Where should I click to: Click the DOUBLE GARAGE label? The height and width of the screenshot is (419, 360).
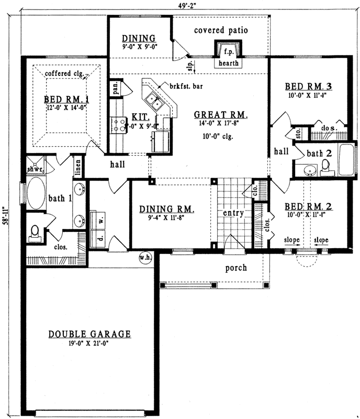(x=89, y=334)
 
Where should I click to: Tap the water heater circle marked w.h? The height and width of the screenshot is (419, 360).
(x=145, y=258)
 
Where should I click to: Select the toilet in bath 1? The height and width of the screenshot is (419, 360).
(x=35, y=232)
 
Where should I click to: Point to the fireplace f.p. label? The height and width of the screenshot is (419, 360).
(x=228, y=52)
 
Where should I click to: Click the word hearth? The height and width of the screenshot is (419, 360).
(x=229, y=63)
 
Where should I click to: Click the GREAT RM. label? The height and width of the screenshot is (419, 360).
(x=220, y=115)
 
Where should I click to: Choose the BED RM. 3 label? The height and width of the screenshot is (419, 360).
(x=309, y=86)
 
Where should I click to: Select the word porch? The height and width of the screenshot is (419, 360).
(x=236, y=268)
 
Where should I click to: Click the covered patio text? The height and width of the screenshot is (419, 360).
(x=220, y=30)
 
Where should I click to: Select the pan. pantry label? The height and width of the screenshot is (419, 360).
(x=115, y=90)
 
